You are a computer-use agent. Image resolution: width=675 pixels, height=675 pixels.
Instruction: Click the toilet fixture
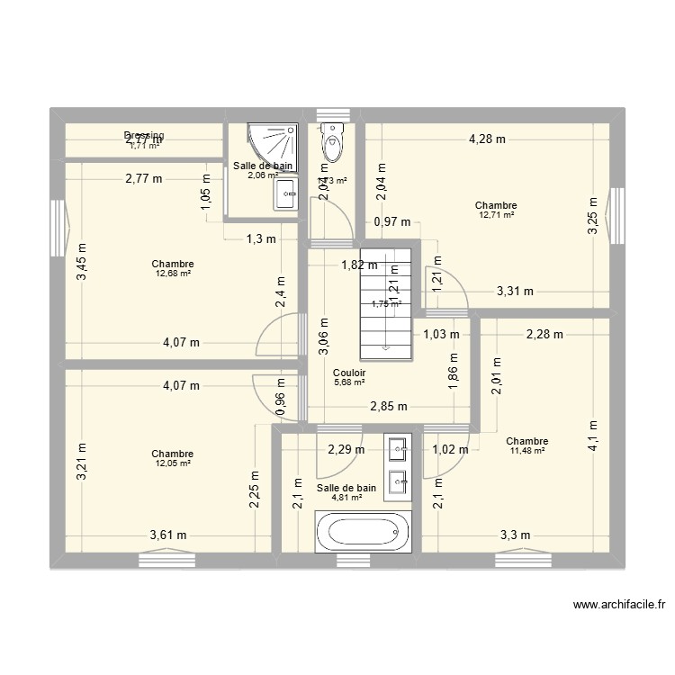click(332, 141)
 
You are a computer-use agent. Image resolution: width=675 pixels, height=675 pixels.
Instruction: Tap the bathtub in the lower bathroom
click(361, 533)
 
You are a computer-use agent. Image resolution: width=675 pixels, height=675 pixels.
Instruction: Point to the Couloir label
click(348, 372)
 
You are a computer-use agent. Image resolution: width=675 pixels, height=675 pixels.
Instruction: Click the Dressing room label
click(144, 136)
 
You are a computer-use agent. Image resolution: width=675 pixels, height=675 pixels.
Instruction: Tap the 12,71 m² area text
click(496, 215)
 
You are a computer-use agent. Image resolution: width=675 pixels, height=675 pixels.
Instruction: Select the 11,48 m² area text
click(527, 451)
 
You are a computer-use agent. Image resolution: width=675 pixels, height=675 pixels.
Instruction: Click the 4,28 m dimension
click(486, 139)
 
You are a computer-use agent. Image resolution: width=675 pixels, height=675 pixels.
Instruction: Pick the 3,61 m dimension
click(168, 535)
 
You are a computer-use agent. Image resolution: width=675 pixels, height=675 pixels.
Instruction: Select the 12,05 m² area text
click(173, 463)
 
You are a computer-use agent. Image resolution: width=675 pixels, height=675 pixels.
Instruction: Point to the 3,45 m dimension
click(82, 262)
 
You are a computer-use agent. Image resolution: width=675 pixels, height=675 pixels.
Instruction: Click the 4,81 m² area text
click(346, 497)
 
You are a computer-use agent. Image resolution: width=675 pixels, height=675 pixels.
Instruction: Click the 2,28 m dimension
click(544, 335)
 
